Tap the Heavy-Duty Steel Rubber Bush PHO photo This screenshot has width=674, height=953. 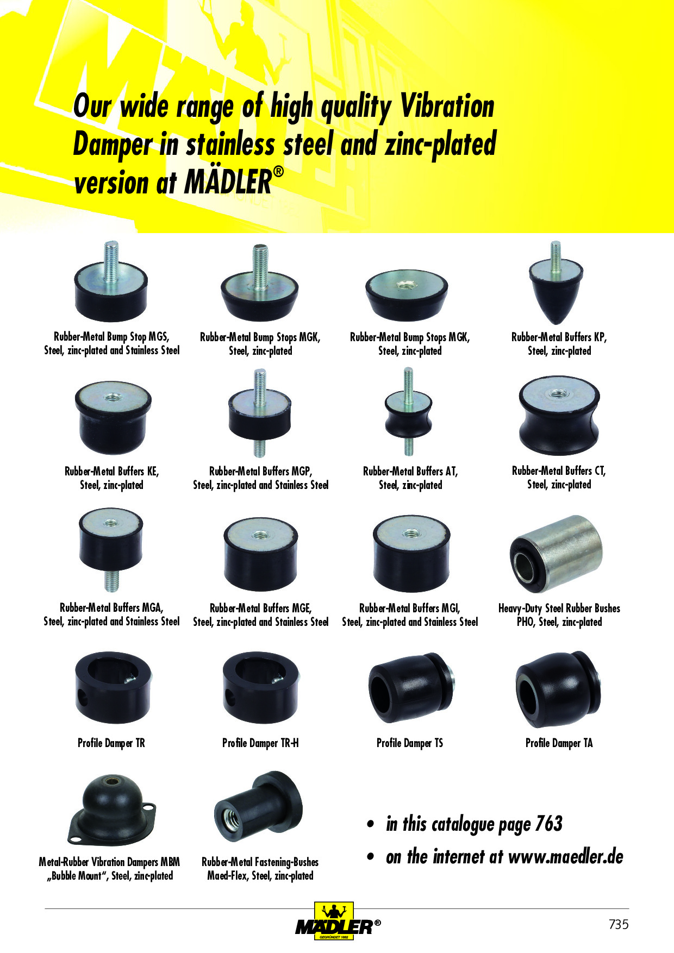point(557,554)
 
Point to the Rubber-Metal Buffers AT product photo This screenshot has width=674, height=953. point(409,411)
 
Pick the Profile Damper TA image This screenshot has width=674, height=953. point(558,689)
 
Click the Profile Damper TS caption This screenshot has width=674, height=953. point(410,743)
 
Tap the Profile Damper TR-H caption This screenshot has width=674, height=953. point(260,743)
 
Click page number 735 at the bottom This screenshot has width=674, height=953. point(619,924)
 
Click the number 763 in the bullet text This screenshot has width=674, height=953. point(548,824)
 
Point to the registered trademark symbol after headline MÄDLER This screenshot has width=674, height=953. point(278,172)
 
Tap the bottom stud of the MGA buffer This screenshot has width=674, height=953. point(111,580)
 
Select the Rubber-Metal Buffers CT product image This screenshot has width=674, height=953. point(559,416)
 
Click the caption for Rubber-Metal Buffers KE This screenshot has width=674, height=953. point(112,478)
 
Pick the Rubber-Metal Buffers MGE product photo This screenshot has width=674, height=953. point(261,554)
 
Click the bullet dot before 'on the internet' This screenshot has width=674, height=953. point(371,857)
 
